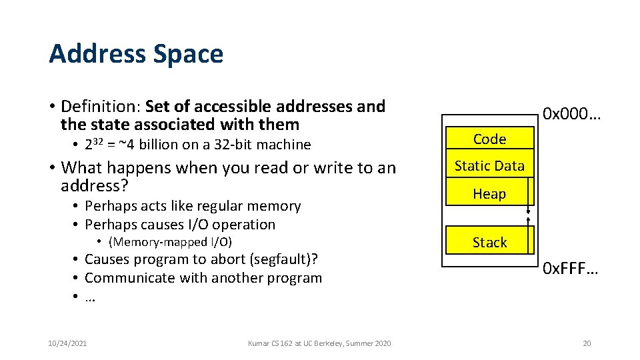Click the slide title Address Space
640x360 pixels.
[x=135, y=54]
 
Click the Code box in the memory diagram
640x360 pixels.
[x=489, y=139]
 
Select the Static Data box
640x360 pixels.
[x=489, y=165]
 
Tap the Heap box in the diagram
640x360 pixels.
[x=489, y=194]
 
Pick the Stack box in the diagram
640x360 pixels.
[x=489, y=243]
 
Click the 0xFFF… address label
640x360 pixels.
[x=571, y=269]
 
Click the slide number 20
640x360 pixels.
[x=587, y=343]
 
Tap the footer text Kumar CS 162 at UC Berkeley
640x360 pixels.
[x=319, y=343]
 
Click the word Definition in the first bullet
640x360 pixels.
[x=99, y=107]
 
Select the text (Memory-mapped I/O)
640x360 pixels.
[x=170, y=242]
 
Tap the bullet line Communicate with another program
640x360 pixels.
[x=203, y=278]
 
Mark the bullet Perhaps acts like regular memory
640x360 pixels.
[x=193, y=206]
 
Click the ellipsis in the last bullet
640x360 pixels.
[x=91, y=297]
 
